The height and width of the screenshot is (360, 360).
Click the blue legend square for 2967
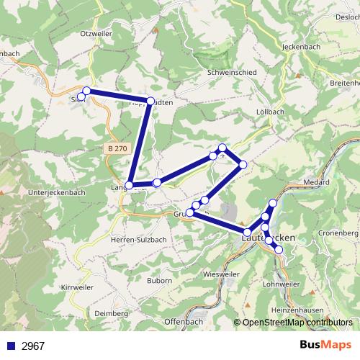point(10,346)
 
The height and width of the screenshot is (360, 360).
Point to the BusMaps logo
point(325,345)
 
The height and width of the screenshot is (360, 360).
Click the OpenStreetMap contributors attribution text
point(297,323)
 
